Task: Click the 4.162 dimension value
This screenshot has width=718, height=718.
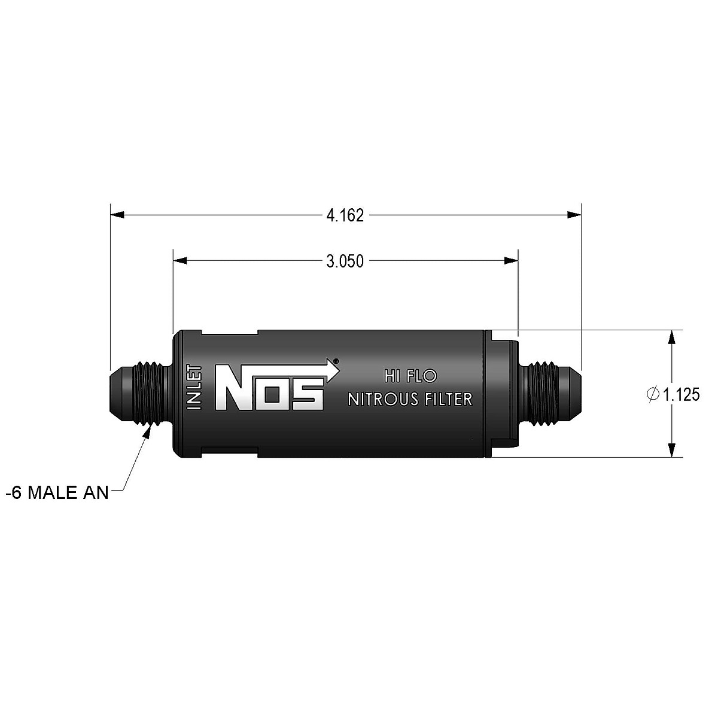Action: point(345,215)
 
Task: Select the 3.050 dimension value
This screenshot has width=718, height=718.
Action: point(345,261)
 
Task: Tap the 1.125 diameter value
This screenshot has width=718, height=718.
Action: point(681,395)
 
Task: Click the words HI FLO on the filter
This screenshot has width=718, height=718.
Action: point(410,376)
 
